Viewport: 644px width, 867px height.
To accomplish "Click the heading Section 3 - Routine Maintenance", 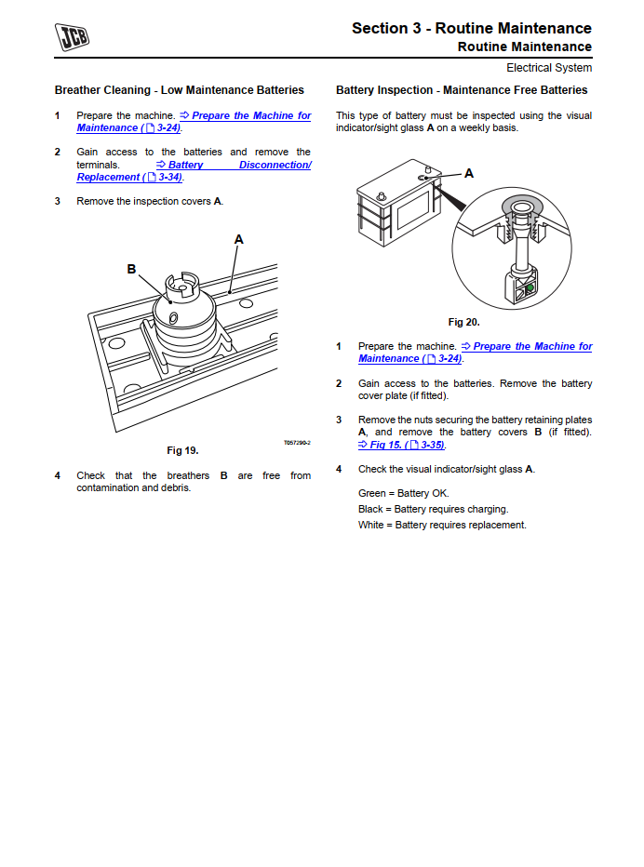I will pyautogui.click(x=471, y=28).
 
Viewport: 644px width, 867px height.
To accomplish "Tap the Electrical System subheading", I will pyautogui.click(x=548, y=68).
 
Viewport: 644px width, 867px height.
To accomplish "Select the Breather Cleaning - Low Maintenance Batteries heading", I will pyautogui.click(x=180, y=90).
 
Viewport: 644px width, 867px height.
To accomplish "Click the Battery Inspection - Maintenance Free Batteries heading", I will pyautogui.click(x=462, y=90).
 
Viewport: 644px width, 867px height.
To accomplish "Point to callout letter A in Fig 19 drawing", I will pyautogui.click(x=238, y=240).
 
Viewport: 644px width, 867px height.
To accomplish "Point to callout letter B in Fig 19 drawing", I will pyautogui.click(x=131, y=269).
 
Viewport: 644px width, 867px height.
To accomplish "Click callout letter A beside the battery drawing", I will pyautogui.click(x=469, y=173).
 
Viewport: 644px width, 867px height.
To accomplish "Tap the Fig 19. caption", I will pyautogui.click(x=182, y=450).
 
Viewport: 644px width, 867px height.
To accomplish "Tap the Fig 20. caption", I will pyautogui.click(x=463, y=322).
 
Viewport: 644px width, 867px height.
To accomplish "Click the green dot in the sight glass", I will pyautogui.click(x=529, y=288).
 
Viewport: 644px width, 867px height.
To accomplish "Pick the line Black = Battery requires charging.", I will pyautogui.click(x=433, y=509).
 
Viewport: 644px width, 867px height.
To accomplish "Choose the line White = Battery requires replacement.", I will pyautogui.click(x=442, y=525).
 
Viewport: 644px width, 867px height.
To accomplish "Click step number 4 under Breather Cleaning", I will pyautogui.click(x=57, y=475).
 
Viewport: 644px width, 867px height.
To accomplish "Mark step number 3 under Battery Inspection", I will pyautogui.click(x=339, y=420).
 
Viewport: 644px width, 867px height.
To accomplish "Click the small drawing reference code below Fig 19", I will pyautogui.click(x=297, y=443).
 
